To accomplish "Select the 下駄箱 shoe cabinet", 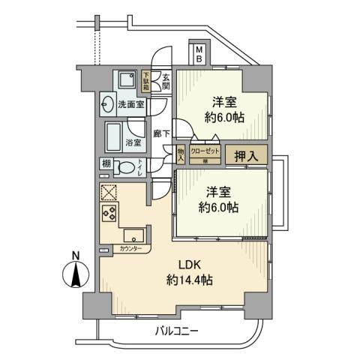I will tap(146, 79).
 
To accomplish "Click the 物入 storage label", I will tap(181, 154).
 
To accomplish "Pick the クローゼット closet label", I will tap(205, 151).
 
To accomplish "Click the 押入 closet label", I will tap(244, 156).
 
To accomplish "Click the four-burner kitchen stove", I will tap(109, 216).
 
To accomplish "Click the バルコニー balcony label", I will tap(178, 330).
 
